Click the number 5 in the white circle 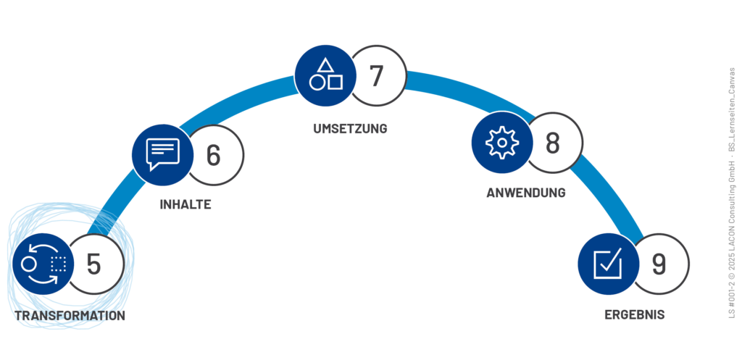coord(93,264)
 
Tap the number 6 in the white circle coord(213,156)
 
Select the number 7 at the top coord(375,75)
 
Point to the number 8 coord(553,143)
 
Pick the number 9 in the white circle coord(658,264)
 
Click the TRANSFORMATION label coord(70,316)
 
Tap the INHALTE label coord(185,204)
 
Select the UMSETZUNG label coord(351,129)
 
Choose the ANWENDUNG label coord(526,193)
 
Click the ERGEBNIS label coord(635,315)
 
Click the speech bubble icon coord(162,153)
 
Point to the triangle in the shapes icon coord(326,64)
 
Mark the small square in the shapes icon coord(335,82)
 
